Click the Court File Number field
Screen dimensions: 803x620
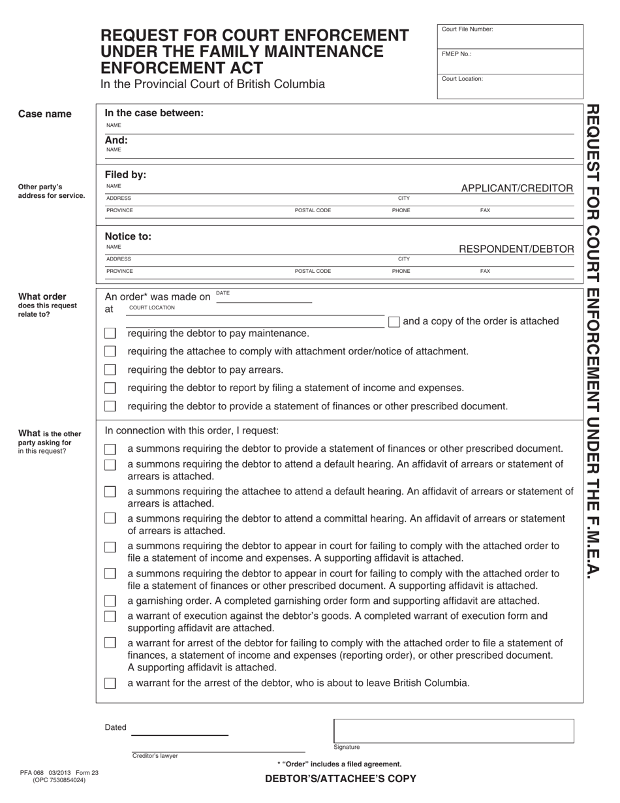pos(510,38)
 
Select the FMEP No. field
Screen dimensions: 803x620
pos(510,63)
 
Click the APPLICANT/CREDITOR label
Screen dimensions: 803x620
pos(517,189)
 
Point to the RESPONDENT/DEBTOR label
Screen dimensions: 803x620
pos(517,249)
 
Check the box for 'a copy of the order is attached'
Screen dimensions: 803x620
pos(394,321)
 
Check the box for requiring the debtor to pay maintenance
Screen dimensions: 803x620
pos(110,334)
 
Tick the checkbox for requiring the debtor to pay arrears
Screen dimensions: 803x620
pos(110,370)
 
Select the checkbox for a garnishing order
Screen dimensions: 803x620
pos(110,601)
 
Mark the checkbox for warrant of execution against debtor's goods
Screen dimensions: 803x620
pos(110,616)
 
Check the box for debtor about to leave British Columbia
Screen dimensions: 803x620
pos(110,684)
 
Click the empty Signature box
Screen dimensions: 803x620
pos(454,731)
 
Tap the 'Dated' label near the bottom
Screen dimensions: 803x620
pos(116,727)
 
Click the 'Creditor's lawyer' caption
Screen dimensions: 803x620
pos(155,756)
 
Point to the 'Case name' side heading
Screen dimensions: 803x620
pos(45,114)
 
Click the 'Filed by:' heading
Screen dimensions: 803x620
pos(125,175)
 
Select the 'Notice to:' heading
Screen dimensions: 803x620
pos(128,236)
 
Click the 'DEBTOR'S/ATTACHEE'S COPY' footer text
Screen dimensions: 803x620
pos(340,779)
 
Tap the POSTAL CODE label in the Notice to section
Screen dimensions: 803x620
pos(313,271)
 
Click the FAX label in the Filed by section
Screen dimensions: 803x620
pos(485,211)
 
